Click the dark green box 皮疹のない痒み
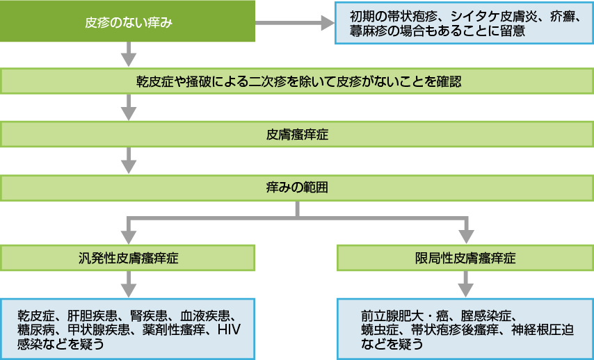128,23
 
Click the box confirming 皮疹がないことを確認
298,81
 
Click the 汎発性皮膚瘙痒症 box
128,258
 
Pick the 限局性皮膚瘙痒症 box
465,258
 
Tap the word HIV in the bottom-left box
229,329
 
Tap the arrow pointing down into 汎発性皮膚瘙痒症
128,228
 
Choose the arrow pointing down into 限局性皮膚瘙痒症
465,228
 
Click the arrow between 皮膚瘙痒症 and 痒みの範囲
128,162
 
